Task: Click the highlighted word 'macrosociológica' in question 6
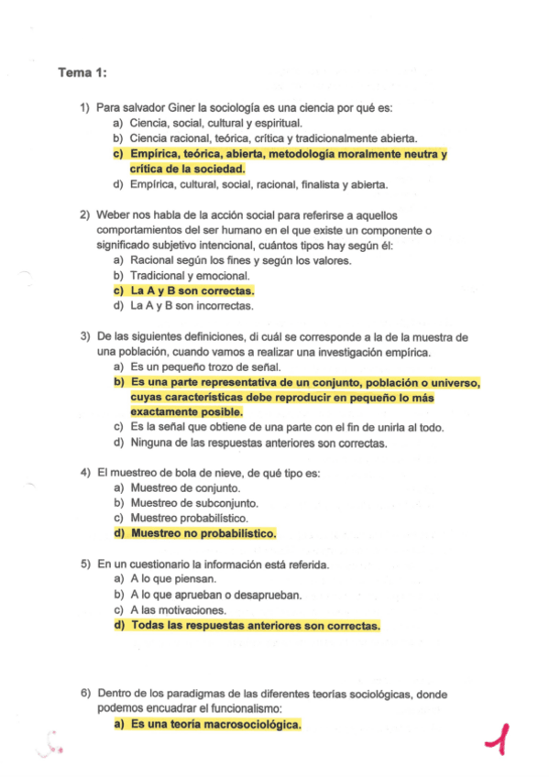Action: [x=247, y=724]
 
